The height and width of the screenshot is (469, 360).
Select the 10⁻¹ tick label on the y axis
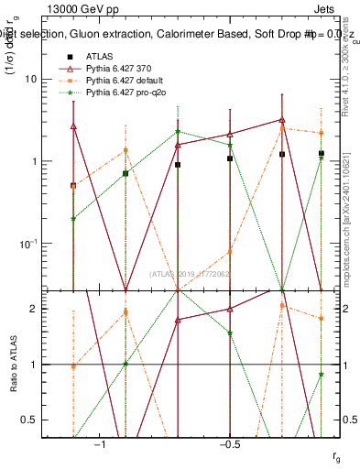27,244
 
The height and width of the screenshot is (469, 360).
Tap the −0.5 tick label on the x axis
229,444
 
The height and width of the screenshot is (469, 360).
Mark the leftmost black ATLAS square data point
73,185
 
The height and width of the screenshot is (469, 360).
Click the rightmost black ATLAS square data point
321,153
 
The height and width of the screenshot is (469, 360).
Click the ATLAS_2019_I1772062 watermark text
191,274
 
